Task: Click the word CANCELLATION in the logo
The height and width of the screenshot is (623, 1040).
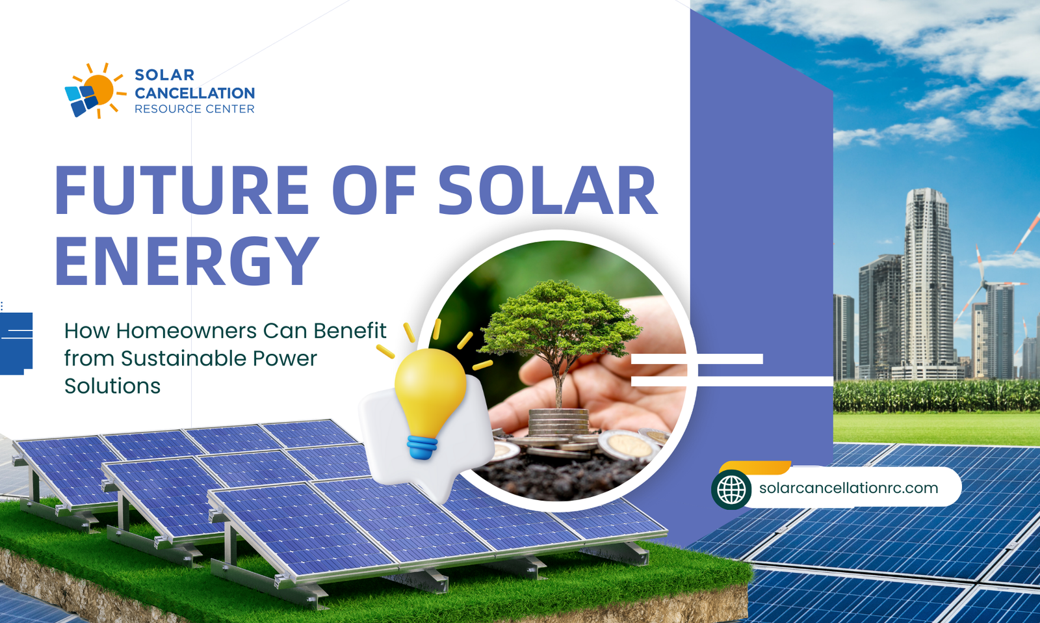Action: [194, 93]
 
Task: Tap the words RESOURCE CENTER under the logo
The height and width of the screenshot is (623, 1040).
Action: [194, 109]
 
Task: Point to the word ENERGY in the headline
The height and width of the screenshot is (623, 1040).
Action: [187, 260]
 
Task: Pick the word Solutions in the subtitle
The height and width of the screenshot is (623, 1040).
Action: [112, 386]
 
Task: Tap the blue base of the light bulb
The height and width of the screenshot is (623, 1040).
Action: [422, 447]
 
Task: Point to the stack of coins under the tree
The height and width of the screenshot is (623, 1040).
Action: [558, 422]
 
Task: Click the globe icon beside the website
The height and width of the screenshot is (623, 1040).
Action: [731, 489]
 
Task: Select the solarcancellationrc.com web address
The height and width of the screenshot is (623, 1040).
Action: [849, 488]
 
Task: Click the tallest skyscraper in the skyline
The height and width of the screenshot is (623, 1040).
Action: [928, 284]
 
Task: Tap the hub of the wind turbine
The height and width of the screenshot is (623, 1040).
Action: [983, 282]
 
